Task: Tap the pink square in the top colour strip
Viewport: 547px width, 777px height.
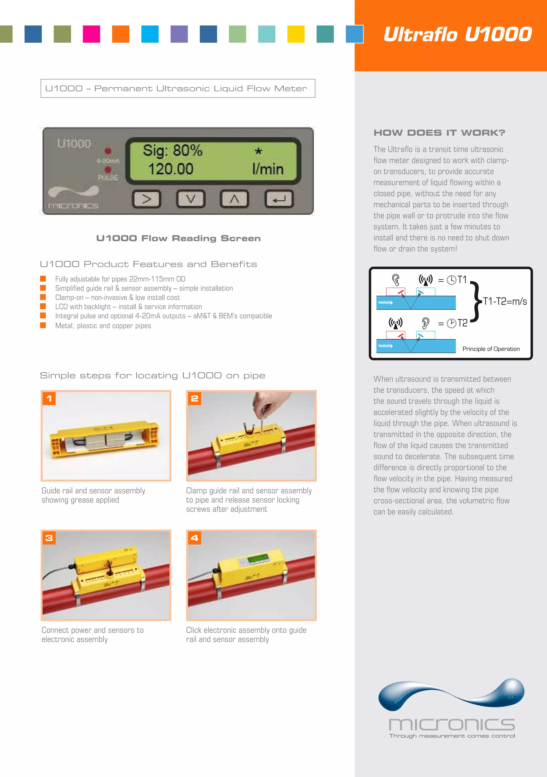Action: pyautogui.click(x=91, y=34)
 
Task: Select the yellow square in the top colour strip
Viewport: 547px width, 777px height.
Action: pyautogui.click(x=296, y=34)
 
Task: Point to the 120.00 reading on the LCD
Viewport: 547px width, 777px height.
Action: pyautogui.click(x=171, y=169)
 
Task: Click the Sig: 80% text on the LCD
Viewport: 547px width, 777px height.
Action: pyautogui.click(x=172, y=150)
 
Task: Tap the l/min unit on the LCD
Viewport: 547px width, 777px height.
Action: pyautogui.click(x=267, y=169)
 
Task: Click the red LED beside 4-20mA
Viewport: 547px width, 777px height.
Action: pyautogui.click(x=108, y=151)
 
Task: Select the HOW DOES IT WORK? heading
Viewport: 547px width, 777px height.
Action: pyautogui.click(x=439, y=133)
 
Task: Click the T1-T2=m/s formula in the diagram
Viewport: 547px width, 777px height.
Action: pyautogui.click(x=505, y=301)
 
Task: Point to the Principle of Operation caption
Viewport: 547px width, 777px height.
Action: pyautogui.click(x=491, y=349)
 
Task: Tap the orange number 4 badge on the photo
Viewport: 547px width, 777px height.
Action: pyautogui.click(x=194, y=538)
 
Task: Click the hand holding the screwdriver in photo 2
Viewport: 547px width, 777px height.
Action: pyautogui.click(x=264, y=404)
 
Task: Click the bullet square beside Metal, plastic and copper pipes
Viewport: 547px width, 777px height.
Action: pyautogui.click(x=43, y=325)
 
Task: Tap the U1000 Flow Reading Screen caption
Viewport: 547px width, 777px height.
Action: pyautogui.click(x=178, y=238)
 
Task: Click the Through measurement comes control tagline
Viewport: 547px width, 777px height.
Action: pyautogui.click(x=452, y=736)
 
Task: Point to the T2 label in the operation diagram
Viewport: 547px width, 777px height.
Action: pyautogui.click(x=462, y=323)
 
